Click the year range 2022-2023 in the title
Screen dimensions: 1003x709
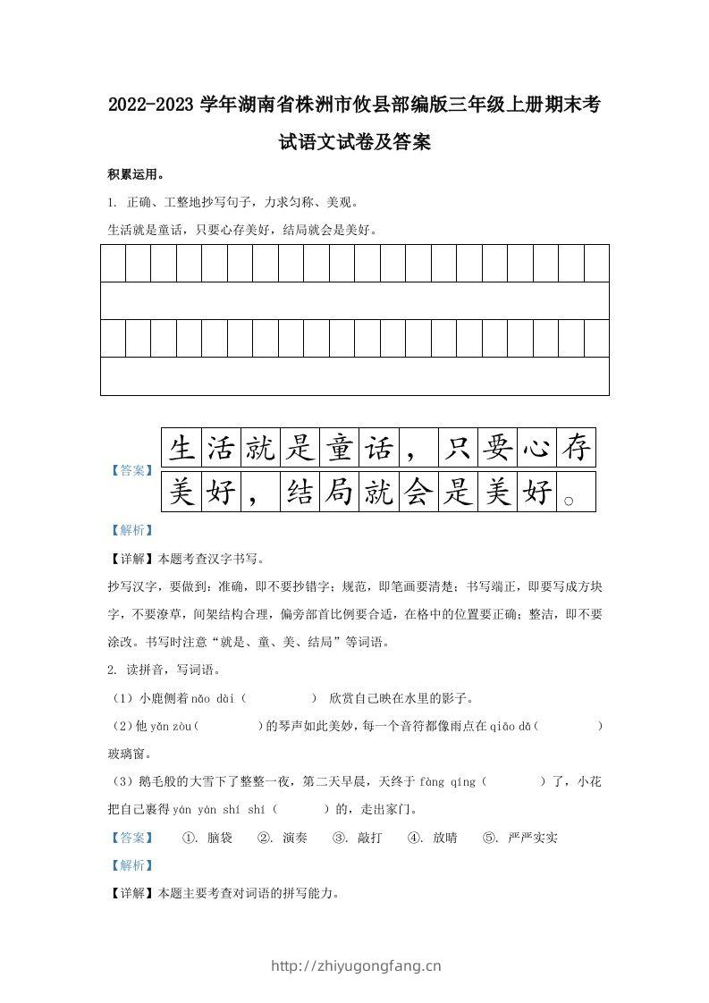tap(149, 105)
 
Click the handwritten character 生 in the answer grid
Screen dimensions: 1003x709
tap(181, 447)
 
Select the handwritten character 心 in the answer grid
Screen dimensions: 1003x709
tap(536, 447)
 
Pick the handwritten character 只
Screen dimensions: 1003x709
tap(458, 447)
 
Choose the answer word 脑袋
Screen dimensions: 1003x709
tap(220, 838)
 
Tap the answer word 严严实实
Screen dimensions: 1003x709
tap(533, 838)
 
